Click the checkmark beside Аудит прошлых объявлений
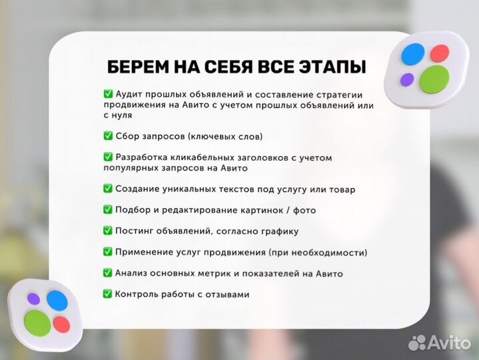pos(108,94)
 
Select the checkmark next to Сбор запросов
pos(108,136)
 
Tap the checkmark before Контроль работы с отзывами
pos(108,293)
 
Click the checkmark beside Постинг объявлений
pos(108,231)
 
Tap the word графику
pos(280,231)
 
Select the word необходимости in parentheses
pos(330,252)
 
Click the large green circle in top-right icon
pos(433,78)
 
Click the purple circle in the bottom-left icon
pos(32,298)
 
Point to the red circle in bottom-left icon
pos(61,324)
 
